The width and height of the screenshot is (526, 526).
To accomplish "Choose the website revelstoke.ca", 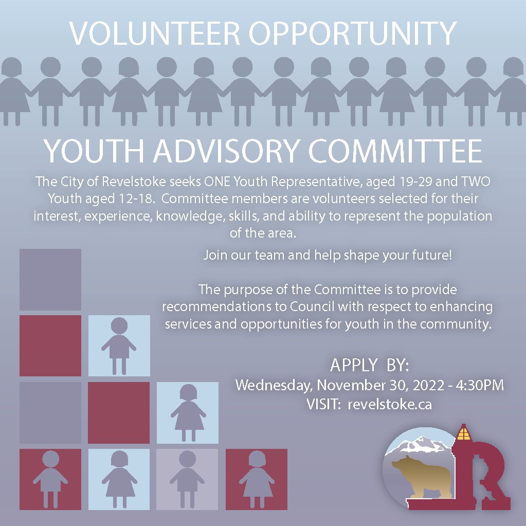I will click(389, 404).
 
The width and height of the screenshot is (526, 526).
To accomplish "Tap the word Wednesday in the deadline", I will click(273, 385).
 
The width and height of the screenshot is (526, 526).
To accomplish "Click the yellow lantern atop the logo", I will click(464, 433).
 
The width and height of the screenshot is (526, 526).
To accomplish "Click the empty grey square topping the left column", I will click(50, 279).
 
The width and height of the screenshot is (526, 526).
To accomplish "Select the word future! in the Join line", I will click(431, 255).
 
